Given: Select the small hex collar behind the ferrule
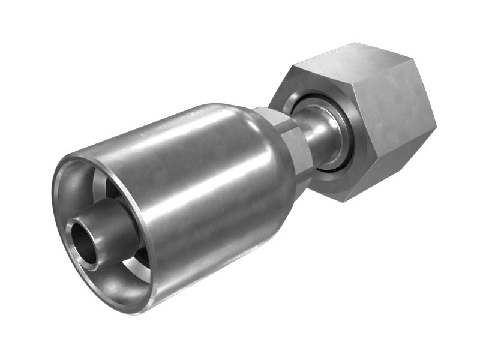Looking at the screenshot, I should pos(288,144).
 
